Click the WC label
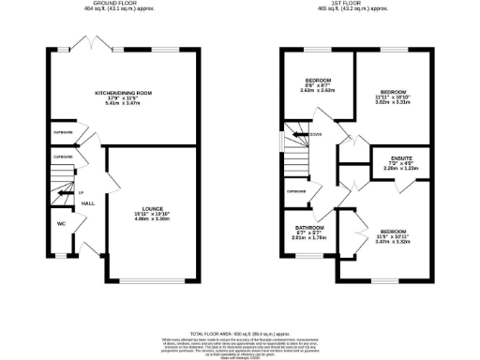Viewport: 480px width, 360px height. click(61, 224)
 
